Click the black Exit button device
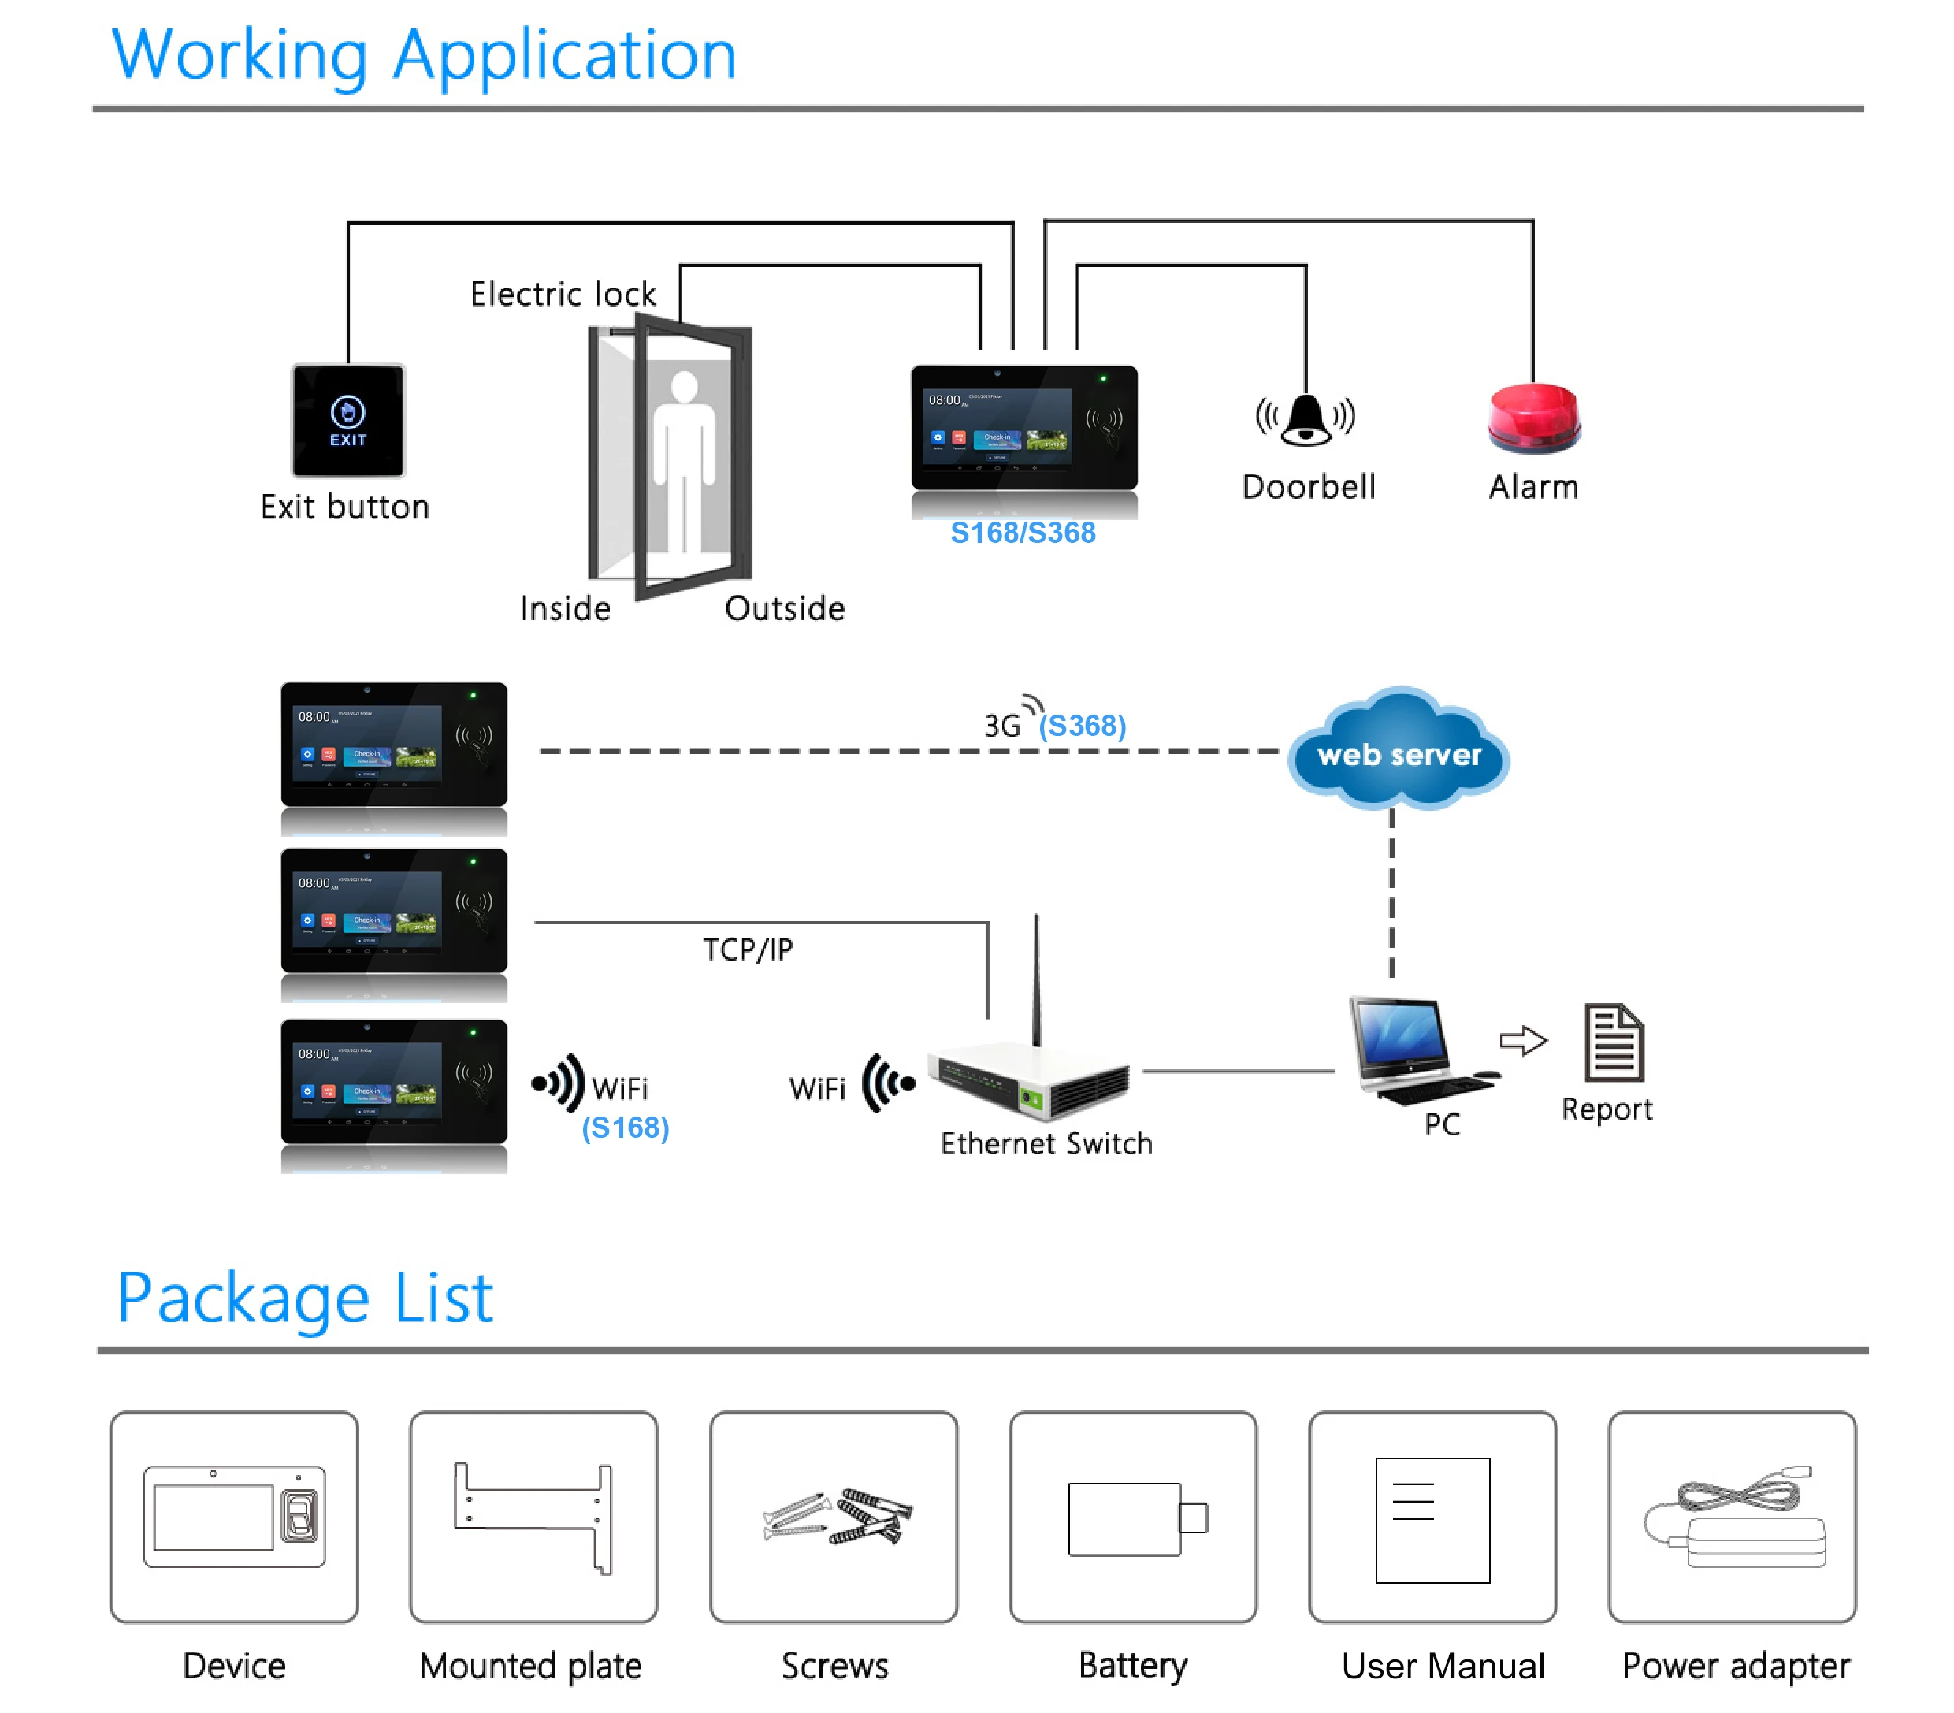[348, 421]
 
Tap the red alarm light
[1534, 418]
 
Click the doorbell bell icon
[1306, 420]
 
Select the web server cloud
[1399, 752]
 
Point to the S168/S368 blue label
[1023, 533]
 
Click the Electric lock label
[563, 293]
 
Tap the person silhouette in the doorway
[684, 459]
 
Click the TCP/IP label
[748, 949]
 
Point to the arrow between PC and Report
[1523, 1040]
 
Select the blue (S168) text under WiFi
[626, 1128]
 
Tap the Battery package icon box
[1133, 1517]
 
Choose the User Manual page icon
[1432, 1520]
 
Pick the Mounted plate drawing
[533, 1516]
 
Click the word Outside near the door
[785, 609]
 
